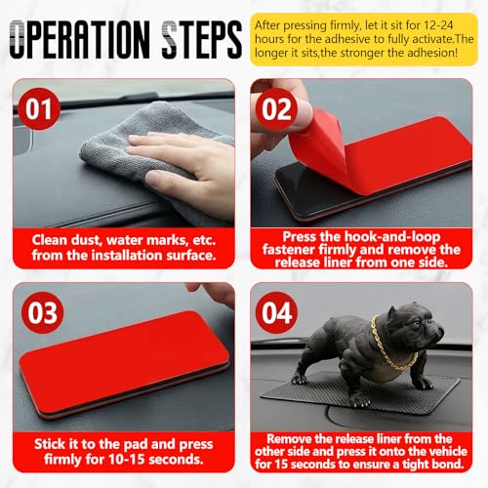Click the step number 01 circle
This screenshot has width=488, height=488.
tap(38, 108)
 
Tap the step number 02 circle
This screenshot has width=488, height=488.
tap(276, 108)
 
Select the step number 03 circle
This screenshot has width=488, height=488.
tap(42, 312)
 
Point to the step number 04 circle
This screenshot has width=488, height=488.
tap(276, 312)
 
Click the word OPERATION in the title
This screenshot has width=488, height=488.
tap(80, 40)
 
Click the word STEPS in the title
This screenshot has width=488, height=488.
tap(202, 40)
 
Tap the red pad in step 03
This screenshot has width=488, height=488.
tap(124, 363)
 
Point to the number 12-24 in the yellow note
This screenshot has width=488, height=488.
tap(438, 25)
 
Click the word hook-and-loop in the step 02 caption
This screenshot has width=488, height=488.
tap(392, 237)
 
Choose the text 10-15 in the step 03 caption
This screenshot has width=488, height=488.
tap(127, 459)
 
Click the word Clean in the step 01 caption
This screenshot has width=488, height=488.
tap(50, 240)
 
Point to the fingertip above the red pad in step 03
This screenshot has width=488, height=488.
tap(195, 287)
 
